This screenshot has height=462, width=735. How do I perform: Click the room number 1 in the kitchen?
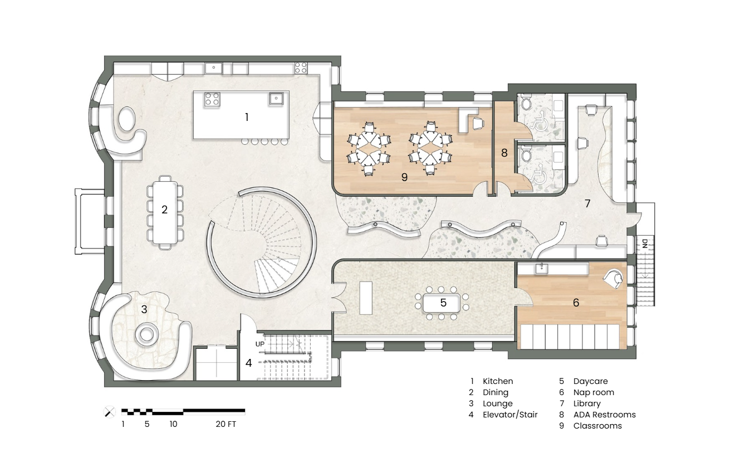click(247, 117)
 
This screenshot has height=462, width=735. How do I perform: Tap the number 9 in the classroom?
click(404, 177)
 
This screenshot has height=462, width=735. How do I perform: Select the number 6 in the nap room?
click(576, 303)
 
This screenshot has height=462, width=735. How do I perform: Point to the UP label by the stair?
click(260, 344)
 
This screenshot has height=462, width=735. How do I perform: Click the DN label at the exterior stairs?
click(645, 244)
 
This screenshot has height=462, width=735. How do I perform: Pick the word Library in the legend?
click(587, 403)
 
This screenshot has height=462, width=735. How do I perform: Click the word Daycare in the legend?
click(590, 381)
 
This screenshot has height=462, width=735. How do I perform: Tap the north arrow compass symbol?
click(110, 412)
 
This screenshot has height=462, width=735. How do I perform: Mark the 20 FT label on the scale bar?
click(226, 424)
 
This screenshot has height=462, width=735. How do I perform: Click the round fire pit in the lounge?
click(146, 335)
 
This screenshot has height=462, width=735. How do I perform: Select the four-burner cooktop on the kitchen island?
click(212, 99)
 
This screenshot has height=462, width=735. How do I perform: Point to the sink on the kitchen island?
click(276, 98)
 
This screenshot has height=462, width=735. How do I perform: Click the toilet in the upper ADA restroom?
click(526, 103)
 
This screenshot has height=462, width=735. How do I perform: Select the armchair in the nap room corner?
click(613, 279)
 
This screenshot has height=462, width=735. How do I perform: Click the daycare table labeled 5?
click(442, 303)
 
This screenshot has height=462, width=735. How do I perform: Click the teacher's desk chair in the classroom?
click(478, 123)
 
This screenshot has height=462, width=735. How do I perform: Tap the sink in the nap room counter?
click(541, 268)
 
